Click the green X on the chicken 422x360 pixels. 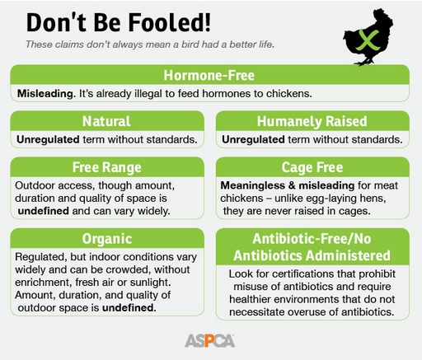(x=368, y=40)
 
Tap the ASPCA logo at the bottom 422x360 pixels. (x=209, y=341)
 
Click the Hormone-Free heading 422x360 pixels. (x=209, y=75)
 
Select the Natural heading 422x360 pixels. (x=106, y=121)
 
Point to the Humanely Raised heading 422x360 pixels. (x=312, y=121)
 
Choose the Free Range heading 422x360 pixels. (x=107, y=167)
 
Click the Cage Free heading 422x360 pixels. (x=312, y=167)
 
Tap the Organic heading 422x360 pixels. (x=107, y=239)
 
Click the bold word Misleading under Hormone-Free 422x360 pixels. (x=46, y=94)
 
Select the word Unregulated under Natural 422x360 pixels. (x=48, y=139)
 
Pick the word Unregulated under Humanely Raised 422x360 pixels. (x=253, y=139)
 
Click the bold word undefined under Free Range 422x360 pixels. (x=44, y=211)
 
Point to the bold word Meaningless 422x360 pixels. (x=253, y=185)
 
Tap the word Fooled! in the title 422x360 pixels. (x=170, y=22)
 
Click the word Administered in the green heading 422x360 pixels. (x=348, y=255)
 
